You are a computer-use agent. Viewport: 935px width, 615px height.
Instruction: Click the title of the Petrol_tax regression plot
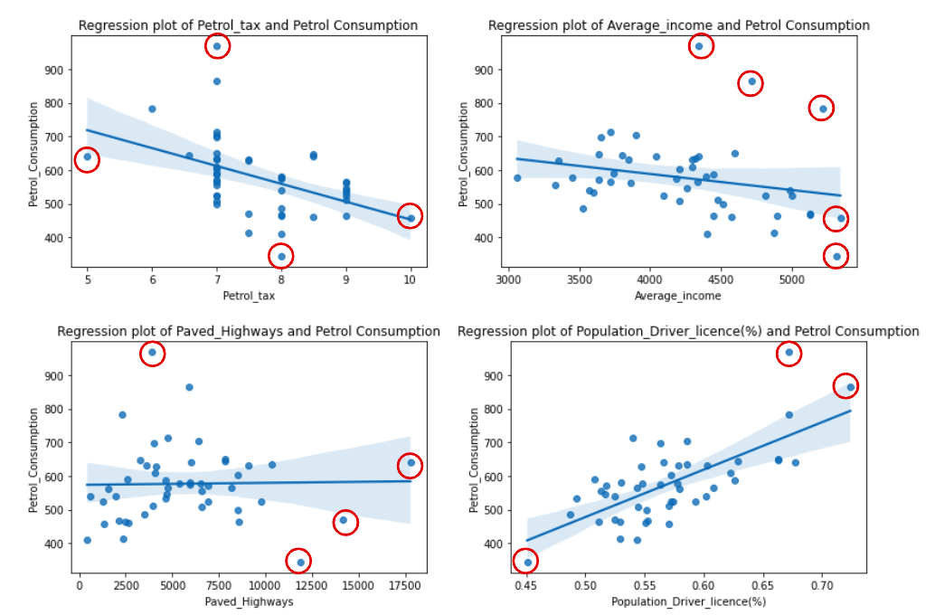pos(248,25)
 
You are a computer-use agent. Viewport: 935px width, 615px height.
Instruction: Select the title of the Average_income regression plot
pos(678,25)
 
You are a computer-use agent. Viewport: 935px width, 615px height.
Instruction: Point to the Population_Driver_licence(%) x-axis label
pos(688,601)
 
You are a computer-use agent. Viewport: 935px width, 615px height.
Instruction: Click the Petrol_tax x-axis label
pos(249,295)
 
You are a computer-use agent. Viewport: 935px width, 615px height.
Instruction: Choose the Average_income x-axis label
pos(678,295)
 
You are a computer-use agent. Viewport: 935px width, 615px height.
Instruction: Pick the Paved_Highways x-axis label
pos(249,601)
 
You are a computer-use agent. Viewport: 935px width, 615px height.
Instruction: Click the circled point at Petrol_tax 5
pos(88,157)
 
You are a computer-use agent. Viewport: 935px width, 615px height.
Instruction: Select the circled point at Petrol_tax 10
pos(411,218)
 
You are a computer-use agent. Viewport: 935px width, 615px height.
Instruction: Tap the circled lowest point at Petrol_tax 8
pos(281,256)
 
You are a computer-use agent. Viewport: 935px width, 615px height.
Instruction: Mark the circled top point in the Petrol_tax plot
pos(217,46)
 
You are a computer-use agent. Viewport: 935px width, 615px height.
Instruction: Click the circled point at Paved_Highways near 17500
pos(411,463)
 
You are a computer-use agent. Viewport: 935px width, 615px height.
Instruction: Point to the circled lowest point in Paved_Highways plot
pos(300,562)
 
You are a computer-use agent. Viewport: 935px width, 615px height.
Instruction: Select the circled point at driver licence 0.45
pos(528,562)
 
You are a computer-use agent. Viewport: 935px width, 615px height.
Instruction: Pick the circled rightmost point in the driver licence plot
pos(850,387)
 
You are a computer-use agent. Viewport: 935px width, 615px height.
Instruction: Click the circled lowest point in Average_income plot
pos(836,256)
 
